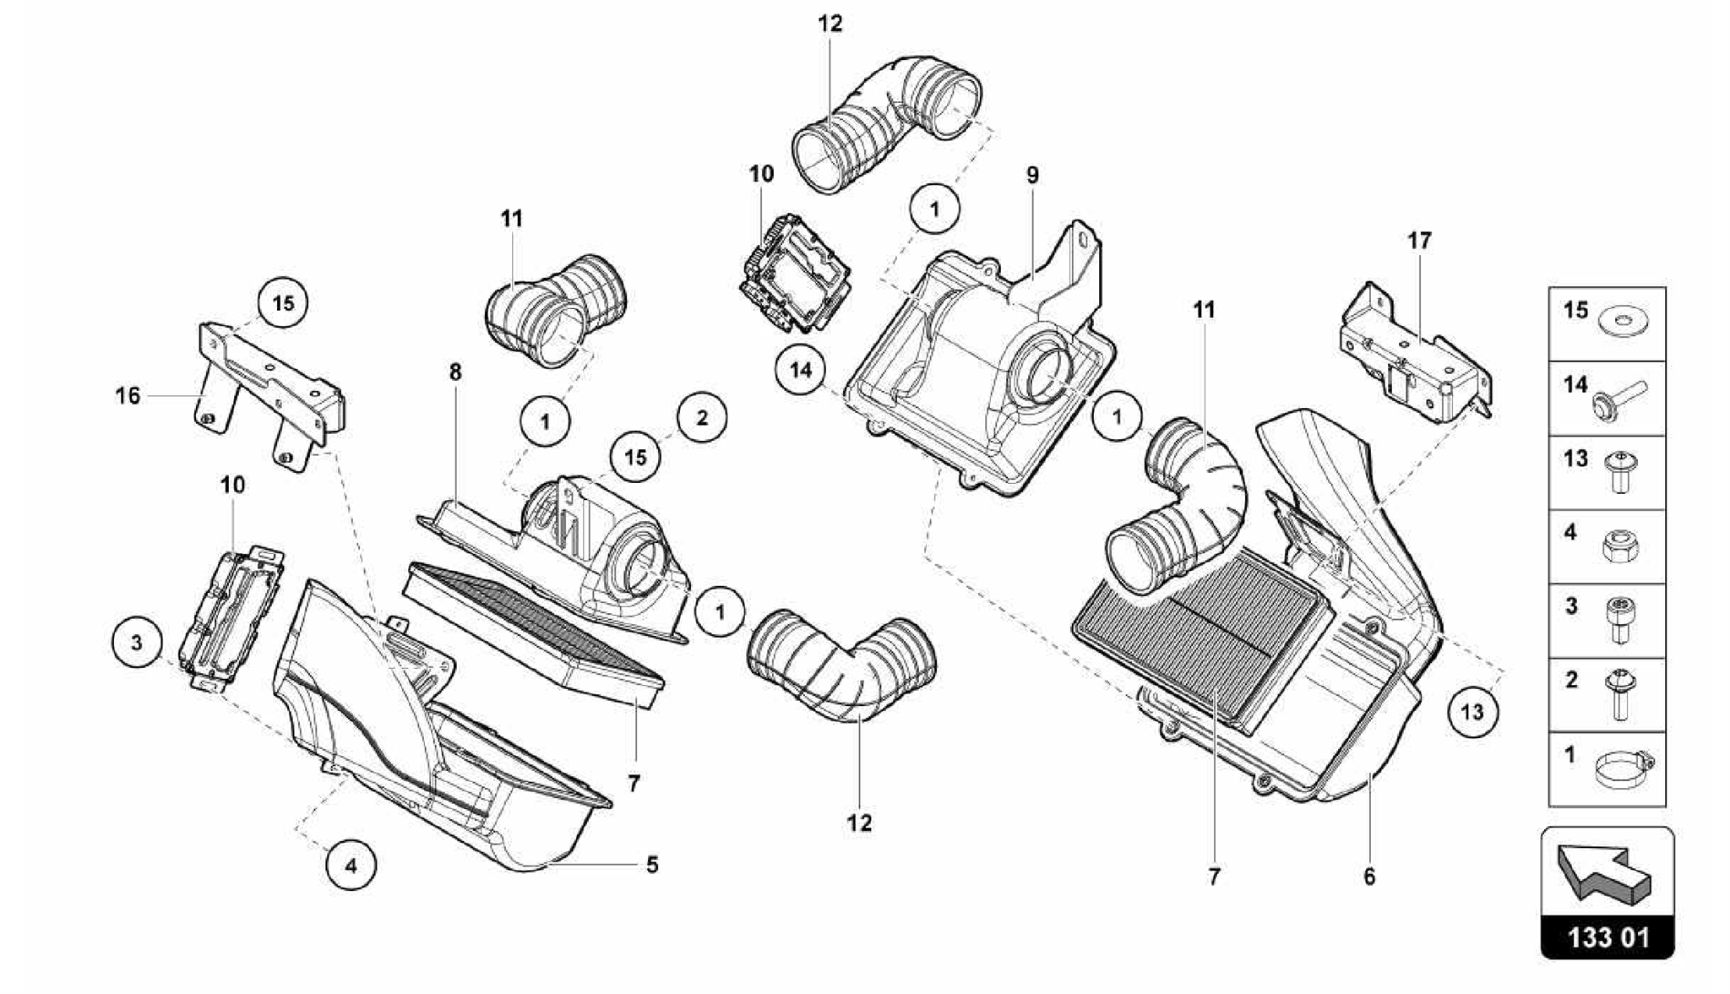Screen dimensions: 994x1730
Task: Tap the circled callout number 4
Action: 351,865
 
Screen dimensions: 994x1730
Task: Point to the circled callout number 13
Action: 1472,712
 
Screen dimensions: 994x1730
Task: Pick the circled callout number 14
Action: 801,369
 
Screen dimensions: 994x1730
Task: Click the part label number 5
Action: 651,865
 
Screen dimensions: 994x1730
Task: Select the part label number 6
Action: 1369,877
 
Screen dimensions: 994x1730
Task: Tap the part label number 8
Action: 455,372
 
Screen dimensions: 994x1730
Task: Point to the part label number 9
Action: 1032,176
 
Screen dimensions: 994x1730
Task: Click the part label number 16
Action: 128,395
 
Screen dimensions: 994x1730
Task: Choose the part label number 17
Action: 1420,241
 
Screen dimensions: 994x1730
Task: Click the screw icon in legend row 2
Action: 1618,695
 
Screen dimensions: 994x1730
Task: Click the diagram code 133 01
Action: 1607,937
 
